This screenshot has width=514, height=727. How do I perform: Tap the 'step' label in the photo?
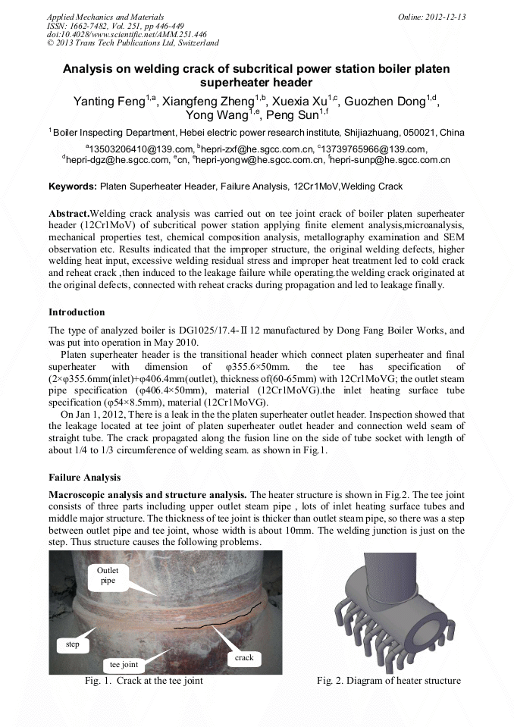[x=72, y=644]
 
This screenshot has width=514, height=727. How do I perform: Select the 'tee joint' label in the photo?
[x=124, y=664]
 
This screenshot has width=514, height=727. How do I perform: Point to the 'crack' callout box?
[x=243, y=657]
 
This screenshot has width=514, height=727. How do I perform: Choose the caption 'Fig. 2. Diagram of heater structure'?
[x=388, y=681]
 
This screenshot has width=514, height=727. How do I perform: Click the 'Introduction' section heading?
[x=77, y=312]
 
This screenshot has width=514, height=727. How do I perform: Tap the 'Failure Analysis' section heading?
[x=83, y=478]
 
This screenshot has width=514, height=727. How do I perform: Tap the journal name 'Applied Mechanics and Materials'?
[x=105, y=16]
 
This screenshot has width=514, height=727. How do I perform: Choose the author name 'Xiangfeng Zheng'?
[x=206, y=102]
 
